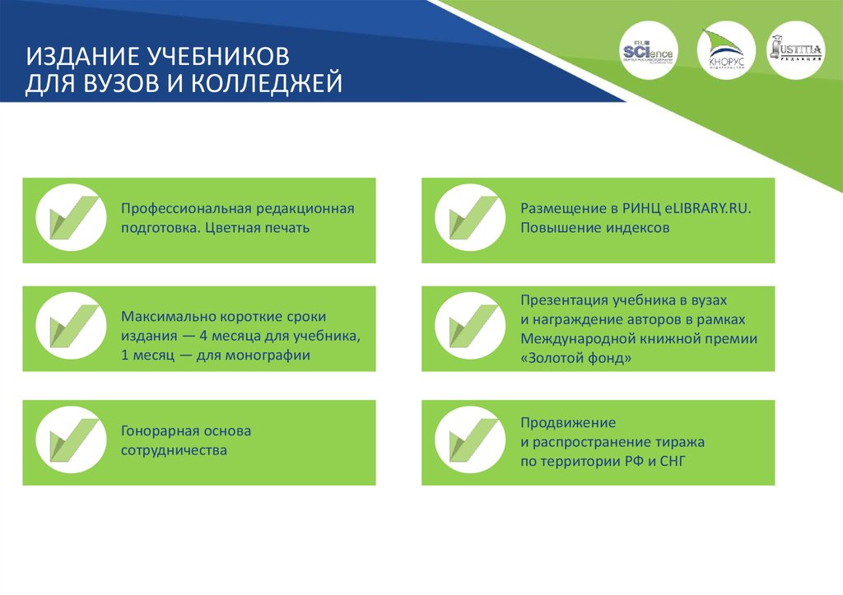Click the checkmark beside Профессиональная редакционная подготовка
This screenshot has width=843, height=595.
click(72, 218)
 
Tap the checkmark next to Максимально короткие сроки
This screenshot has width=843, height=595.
click(72, 327)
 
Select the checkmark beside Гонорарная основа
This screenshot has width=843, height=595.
click(72, 440)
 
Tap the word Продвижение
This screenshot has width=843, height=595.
click(568, 422)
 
